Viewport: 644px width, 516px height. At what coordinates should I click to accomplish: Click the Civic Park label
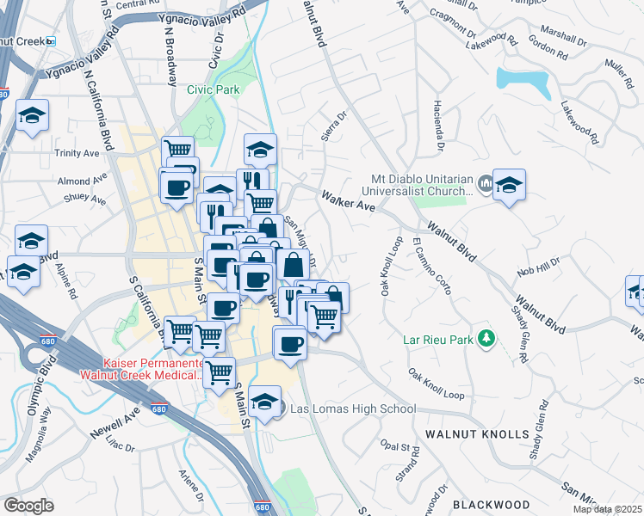click(x=213, y=89)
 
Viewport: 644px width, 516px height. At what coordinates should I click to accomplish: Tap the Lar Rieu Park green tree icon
click(x=487, y=338)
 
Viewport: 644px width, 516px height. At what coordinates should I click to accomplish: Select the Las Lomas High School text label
click(x=353, y=408)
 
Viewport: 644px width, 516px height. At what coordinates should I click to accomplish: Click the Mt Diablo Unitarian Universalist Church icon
click(x=485, y=183)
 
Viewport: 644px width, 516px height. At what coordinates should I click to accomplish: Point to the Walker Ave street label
click(x=348, y=201)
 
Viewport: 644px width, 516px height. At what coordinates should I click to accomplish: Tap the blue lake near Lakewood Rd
click(x=523, y=80)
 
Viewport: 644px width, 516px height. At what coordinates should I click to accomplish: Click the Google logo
click(x=28, y=506)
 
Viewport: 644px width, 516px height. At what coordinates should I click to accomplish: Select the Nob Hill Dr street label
click(x=538, y=266)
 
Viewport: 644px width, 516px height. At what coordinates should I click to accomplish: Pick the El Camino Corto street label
click(x=430, y=265)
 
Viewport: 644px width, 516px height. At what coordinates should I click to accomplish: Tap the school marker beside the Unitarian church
click(x=509, y=186)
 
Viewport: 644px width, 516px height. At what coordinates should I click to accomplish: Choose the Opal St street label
click(x=399, y=449)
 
